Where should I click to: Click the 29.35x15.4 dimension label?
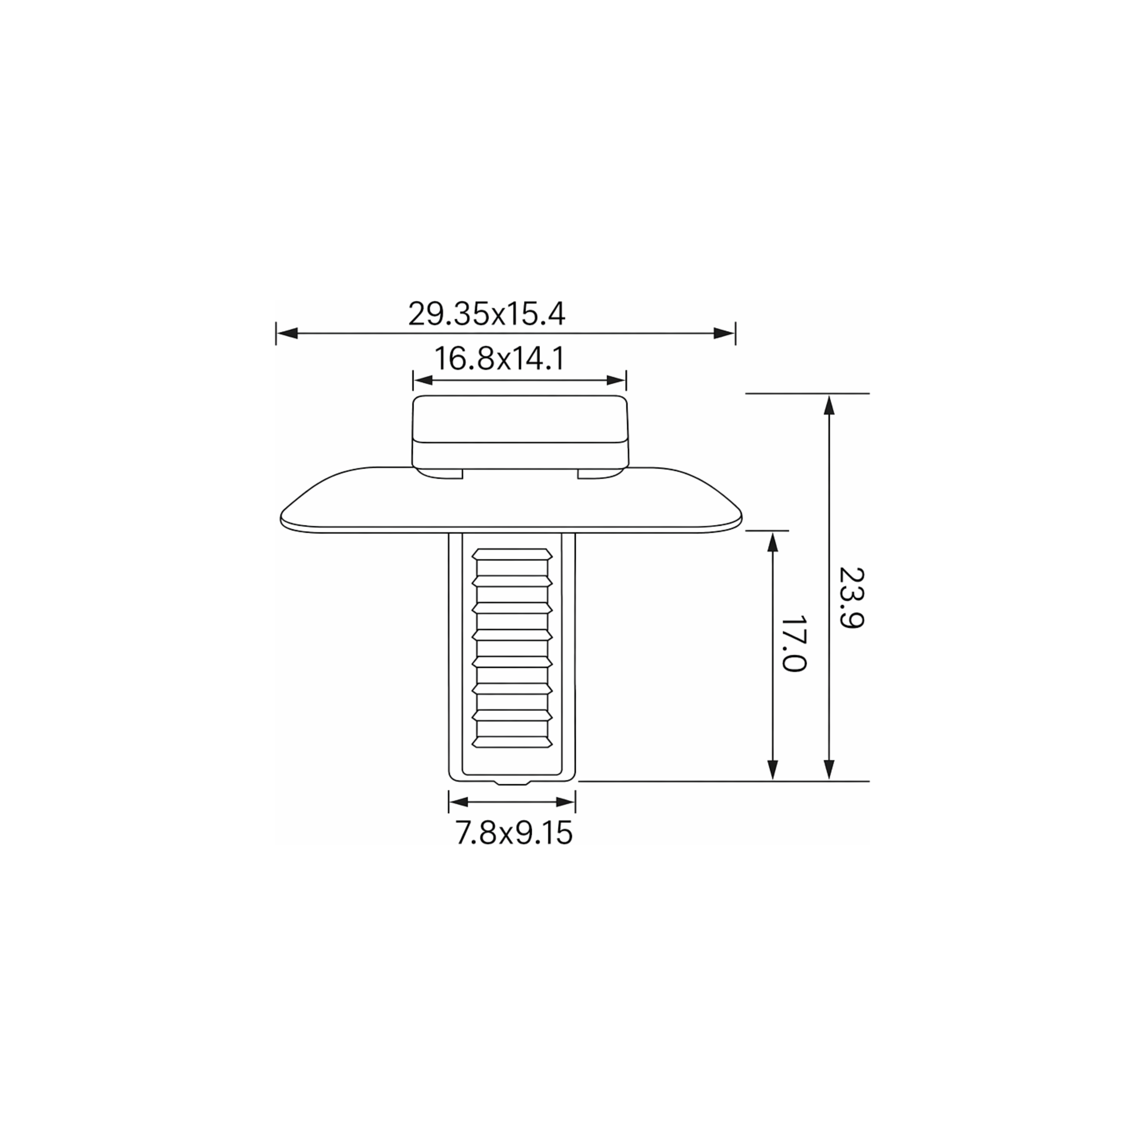click(486, 314)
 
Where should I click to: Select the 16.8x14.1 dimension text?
click(500, 359)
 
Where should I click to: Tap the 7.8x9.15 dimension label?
click(514, 834)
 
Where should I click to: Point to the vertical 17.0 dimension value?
click(794, 643)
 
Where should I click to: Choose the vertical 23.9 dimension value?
click(852, 598)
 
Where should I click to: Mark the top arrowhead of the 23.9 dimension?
click(830, 405)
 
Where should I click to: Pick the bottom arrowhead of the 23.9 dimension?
click(830, 770)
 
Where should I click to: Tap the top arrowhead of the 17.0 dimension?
click(772, 542)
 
